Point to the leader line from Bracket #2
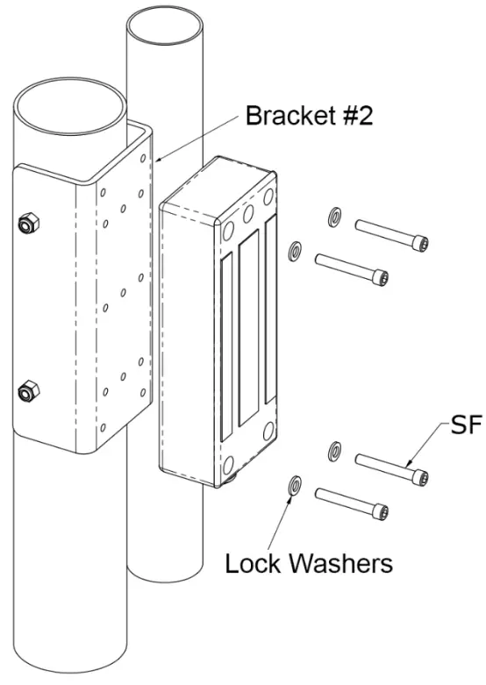click(197, 140)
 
